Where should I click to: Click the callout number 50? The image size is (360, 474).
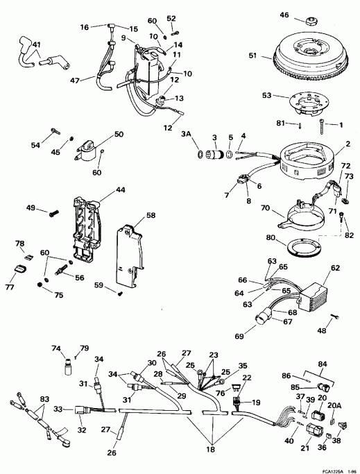coord(119,134)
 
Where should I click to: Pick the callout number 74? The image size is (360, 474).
coord(55,348)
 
